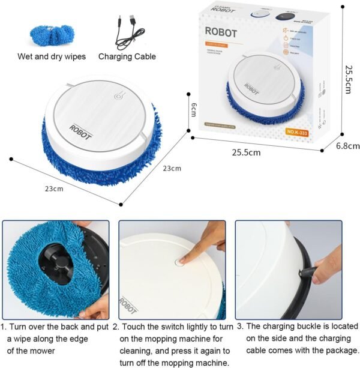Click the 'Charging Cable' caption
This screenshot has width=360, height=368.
pos(127,57)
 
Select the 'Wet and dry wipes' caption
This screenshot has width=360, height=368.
pos(52,57)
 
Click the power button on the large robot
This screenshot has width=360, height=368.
pos(118,94)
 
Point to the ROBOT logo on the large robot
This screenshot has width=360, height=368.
pos(80,130)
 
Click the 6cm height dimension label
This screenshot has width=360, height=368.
pos(194,110)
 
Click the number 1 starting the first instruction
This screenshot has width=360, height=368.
pos(4,327)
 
